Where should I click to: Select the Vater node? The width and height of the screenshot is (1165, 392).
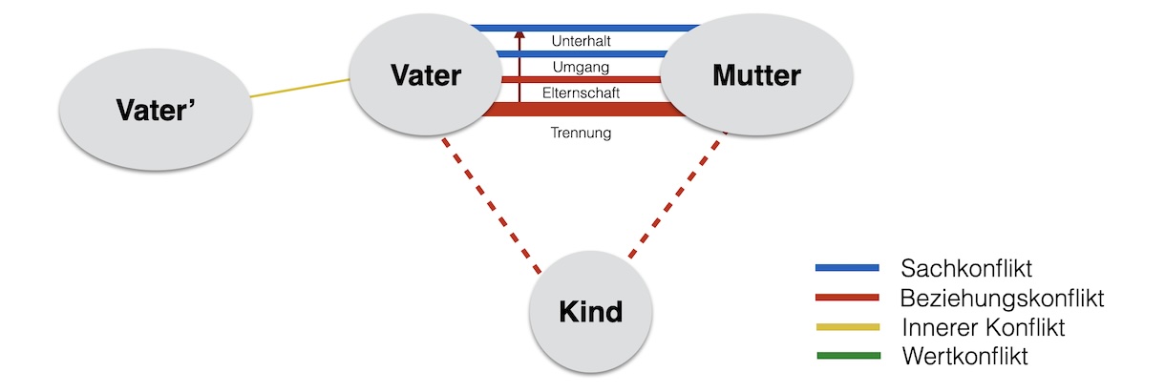point(426,75)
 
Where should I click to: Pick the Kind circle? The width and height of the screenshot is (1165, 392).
point(590,312)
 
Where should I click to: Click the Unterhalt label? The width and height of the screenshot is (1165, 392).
point(582,42)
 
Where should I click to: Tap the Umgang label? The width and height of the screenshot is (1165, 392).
point(581,67)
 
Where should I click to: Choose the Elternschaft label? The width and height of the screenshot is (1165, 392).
point(582,93)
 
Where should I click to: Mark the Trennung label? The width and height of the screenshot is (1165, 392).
point(581,133)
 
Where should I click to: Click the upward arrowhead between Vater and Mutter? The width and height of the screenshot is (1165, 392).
point(519,36)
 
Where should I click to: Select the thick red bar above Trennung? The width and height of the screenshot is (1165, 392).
point(582,111)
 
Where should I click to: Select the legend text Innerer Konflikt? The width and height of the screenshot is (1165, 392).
point(983,327)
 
